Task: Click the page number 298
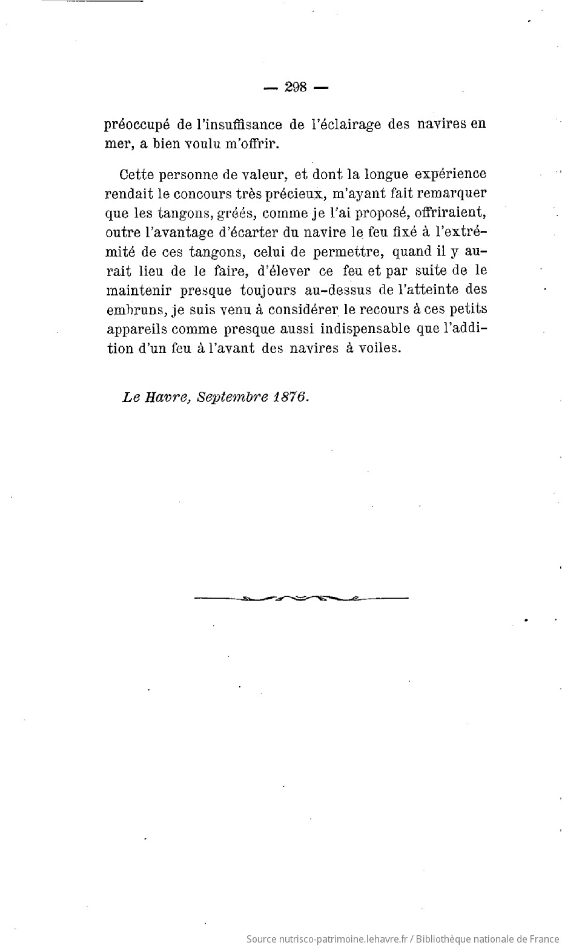pyautogui.click(x=296, y=87)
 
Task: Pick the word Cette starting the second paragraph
pyautogui.click(x=136, y=175)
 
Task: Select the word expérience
pyautogui.click(x=450, y=175)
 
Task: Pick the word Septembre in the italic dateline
pyautogui.click(x=231, y=398)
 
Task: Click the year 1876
pyautogui.click(x=289, y=397)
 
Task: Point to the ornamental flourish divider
pyautogui.click(x=301, y=599)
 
